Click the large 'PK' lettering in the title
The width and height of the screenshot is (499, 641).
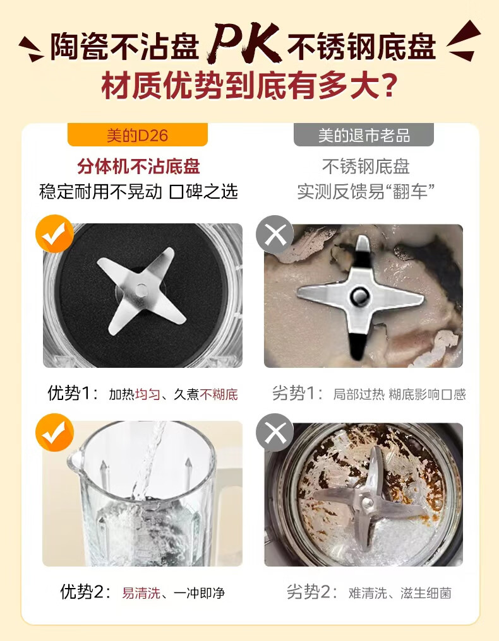245,44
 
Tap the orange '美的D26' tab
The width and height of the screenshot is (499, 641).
138,135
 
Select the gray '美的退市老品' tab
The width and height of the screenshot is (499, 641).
363,135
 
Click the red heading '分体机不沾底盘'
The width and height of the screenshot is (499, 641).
138,167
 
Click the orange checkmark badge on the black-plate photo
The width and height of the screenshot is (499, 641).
54,233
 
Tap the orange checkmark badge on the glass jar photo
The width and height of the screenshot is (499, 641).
54,432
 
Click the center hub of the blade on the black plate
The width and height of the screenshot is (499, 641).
141,291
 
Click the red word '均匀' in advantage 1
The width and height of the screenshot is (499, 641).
147,394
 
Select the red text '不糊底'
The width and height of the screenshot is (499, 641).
219,394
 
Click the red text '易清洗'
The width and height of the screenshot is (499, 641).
141,593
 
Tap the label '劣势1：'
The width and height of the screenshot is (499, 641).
298,393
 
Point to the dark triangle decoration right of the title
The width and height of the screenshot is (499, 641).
463,41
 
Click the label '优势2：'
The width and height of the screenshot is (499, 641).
85,592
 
